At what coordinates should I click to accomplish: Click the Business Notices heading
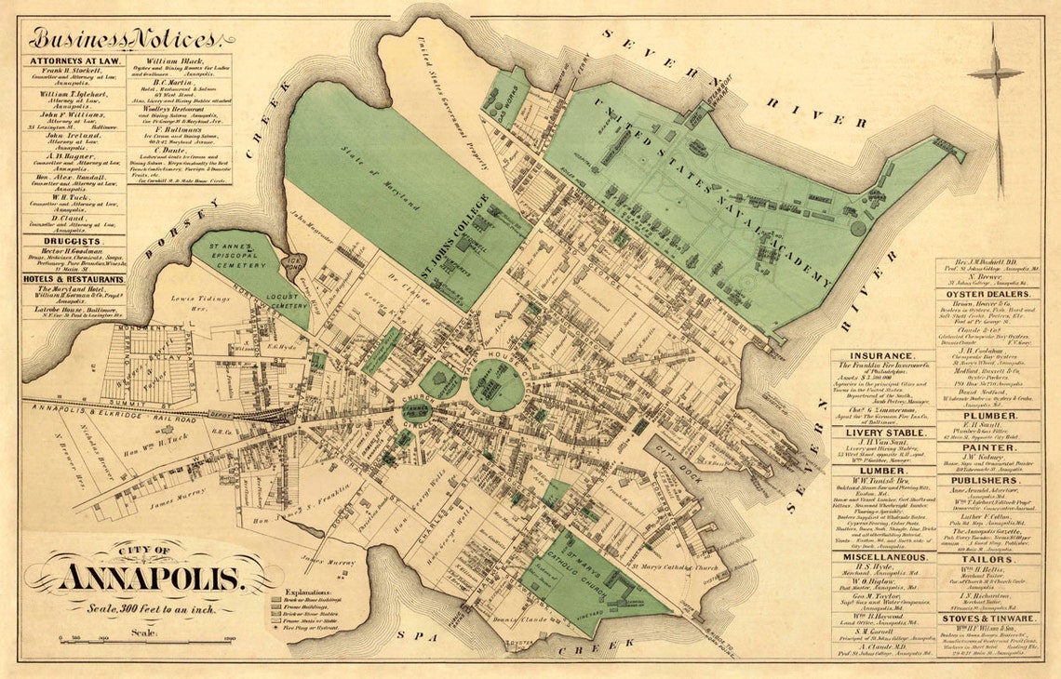(x=124, y=39)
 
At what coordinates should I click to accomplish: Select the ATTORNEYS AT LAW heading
(x=74, y=61)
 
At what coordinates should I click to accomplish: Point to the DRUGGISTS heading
(x=74, y=241)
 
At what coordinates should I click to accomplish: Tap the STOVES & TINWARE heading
(x=987, y=618)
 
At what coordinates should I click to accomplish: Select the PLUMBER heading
(x=987, y=415)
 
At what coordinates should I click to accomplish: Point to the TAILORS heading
(x=987, y=558)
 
